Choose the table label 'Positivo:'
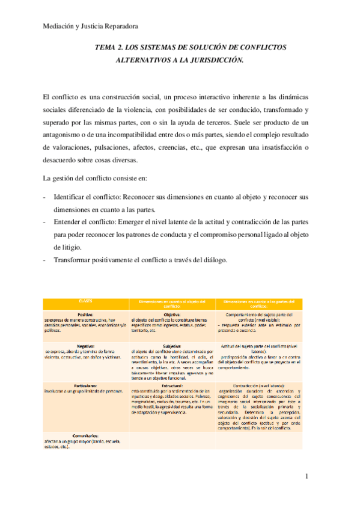pyautogui.click(x=85, y=313)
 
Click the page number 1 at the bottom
pyautogui.click(x=307, y=476)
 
